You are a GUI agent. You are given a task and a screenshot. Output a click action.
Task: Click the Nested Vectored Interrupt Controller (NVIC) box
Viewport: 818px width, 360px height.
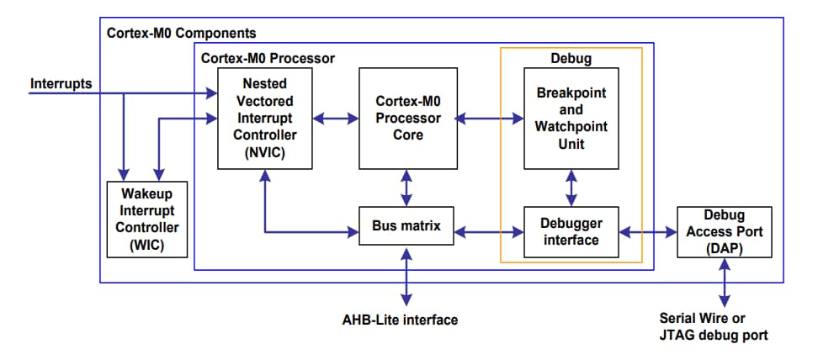point(265,118)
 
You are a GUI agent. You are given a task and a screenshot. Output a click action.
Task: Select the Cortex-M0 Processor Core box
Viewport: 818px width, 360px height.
point(407,118)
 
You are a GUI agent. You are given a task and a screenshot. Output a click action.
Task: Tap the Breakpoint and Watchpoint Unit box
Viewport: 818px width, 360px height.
point(571,118)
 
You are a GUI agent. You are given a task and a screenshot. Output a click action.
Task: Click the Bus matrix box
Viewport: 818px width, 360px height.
point(407,226)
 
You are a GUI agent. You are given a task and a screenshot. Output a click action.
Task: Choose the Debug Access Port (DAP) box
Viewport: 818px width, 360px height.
point(724,231)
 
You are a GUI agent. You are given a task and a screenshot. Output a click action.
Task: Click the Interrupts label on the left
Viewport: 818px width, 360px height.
point(61,84)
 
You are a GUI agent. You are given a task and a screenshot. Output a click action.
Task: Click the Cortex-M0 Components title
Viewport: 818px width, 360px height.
point(181,34)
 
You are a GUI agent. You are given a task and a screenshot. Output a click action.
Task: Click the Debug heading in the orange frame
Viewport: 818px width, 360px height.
point(571,60)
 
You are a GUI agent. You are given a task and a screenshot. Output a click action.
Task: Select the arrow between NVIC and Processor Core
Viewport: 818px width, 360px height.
point(336,119)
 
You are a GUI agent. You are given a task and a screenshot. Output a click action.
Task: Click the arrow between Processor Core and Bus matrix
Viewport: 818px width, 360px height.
point(407,188)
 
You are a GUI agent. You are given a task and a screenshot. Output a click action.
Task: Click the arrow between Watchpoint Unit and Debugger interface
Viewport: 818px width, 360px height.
point(571,188)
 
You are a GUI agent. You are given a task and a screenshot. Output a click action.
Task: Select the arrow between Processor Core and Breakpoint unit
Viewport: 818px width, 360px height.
point(490,119)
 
